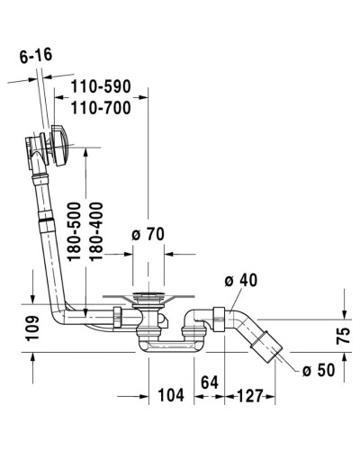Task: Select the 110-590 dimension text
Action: click(101, 86)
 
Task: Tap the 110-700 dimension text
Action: click(101, 108)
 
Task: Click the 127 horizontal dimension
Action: click(252, 393)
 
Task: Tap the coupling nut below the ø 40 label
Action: click(216, 318)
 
